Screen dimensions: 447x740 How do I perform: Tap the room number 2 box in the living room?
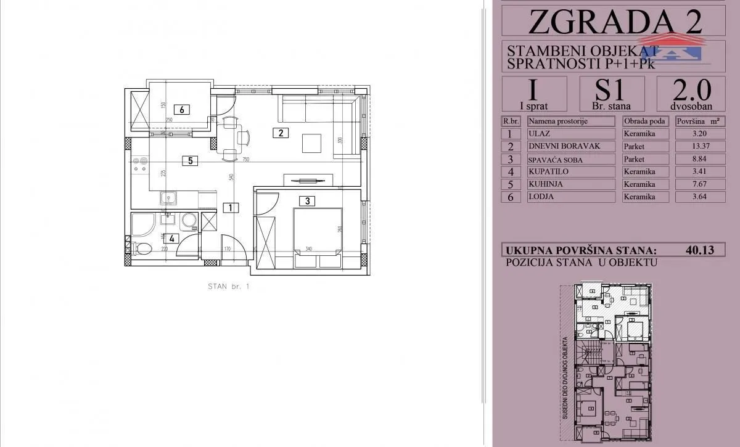(281, 132)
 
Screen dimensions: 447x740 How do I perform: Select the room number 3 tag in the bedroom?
(306, 200)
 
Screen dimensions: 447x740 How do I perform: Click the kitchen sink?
(167, 198)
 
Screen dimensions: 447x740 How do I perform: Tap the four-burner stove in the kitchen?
(141, 163)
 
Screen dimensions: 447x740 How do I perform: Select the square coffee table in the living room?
(312, 144)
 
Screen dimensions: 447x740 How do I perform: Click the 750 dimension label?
(245, 159)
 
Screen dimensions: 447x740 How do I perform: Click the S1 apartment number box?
(612, 93)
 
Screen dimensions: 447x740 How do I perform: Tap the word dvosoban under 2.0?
(691, 105)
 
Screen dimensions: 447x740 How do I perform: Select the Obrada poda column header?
(645, 121)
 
